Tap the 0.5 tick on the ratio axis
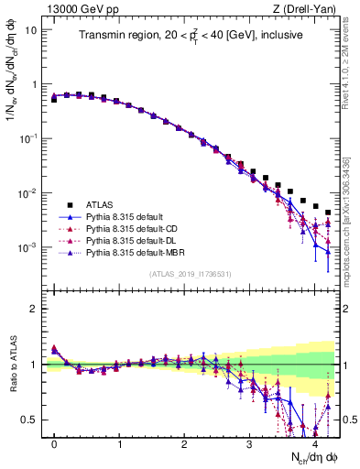point(28,420)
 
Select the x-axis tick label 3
point(249,444)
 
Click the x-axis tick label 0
point(54,444)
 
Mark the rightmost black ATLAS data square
point(328,213)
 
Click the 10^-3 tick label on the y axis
point(27,248)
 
